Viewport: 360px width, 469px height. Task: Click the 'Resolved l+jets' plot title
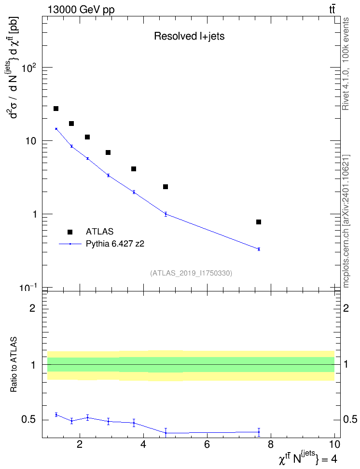189,36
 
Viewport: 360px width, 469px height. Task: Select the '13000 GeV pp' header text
81,10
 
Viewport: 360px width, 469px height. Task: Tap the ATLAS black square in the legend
70,232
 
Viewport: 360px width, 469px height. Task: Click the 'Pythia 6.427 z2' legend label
115,244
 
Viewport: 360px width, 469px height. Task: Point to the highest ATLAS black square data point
56,109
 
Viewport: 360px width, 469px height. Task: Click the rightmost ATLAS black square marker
259,222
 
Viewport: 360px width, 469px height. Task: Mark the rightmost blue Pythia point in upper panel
259,249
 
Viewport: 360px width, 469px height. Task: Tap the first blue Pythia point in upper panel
56,129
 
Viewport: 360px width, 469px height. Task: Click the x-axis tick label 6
207,444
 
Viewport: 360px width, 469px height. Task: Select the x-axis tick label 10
334,444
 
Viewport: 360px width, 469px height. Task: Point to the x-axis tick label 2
80,444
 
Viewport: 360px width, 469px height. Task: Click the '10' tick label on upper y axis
31,141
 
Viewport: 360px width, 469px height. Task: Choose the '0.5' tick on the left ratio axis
28,420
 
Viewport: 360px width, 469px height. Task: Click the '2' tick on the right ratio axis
346,308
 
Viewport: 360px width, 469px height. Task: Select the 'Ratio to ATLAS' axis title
14,365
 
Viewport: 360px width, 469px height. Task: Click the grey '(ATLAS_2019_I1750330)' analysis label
191,273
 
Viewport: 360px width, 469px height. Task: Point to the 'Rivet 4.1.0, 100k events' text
346,64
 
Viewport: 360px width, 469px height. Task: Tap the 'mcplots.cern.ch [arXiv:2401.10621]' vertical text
346,221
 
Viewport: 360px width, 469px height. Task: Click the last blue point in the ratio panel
259,432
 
